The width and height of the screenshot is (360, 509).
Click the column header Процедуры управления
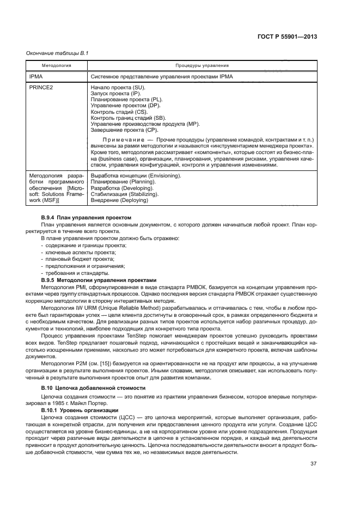[x=202, y=65]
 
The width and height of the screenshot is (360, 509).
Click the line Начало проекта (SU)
[x=118, y=88]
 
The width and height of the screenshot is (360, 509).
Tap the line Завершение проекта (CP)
[x=124, y=130]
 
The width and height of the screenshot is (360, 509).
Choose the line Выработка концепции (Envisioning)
[x=136, y=176]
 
